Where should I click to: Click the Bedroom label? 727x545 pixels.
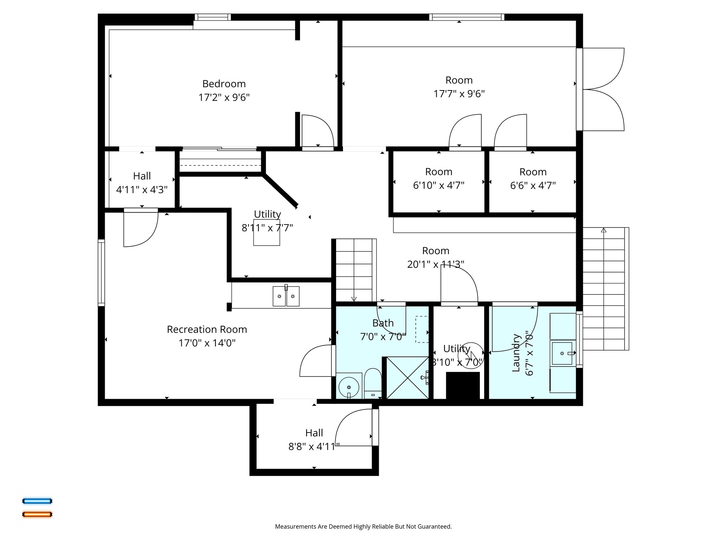pyautogui.click(x=224, y=84)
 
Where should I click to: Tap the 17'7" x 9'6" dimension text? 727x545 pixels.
pyautogui.click(x=459, y=94)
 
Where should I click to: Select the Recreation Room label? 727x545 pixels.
pyautogui.click(x=207, y=329)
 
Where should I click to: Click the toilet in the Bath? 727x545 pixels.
pyautogui.click(x=373, y=383)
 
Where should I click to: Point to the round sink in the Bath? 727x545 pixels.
pyautogui.click(x=349, y=387)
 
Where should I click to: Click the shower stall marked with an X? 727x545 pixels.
pyautogui.click(x=407, y=378)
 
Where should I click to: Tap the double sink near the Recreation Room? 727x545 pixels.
pyautogui.click(x=286, y=296)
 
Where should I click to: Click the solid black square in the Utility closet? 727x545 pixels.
pyautogui.click(x=463, y=386)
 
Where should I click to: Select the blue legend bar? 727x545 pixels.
pyautogui.click(x=37, y=501)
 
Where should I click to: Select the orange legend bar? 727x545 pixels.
pyautogui.click(x=37, y=514)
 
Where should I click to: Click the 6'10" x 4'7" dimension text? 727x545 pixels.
pyautogui.click(x=438, y=185)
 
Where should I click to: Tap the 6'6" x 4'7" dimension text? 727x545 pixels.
pyautogui.click(x=532, y=185)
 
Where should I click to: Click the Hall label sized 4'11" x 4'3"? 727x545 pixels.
pyautogui.click(x=142, y=176)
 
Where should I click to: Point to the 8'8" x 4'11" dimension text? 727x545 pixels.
pyautogui.click(x=314, y=446)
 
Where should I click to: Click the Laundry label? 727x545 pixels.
pyautogui.click(x=516, y=353)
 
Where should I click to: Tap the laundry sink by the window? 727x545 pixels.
pyautogui.click(x=562, y=353)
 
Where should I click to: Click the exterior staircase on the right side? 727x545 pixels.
pyautogui.click(x=603, y=289)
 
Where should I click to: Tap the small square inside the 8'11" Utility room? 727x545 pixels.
pyautogui.click(x=266, y=233)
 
